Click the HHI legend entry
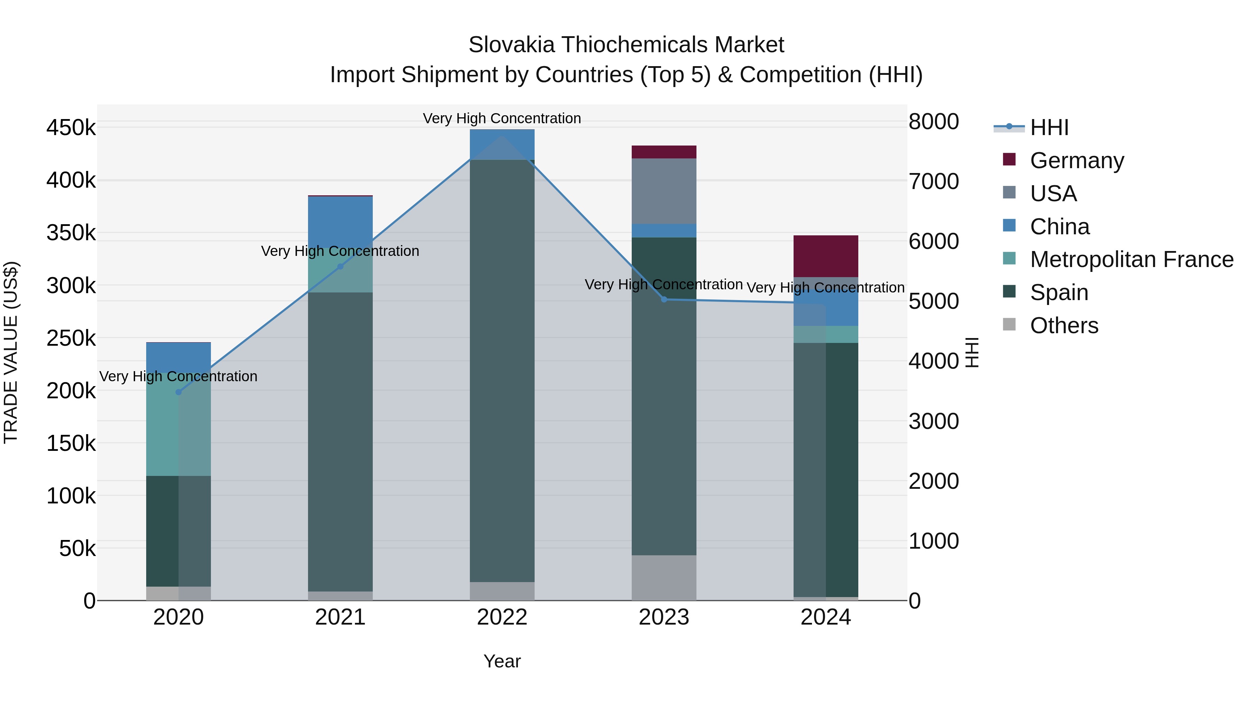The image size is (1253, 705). tap(1049, 127)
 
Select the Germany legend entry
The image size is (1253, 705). tap(1077, 160)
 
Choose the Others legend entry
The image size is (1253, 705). tap(1064, 326)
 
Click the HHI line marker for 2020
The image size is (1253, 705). tap(179, 392)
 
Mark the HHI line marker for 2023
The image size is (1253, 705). tap(664, 299)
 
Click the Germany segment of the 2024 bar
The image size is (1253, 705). tap(826, 256)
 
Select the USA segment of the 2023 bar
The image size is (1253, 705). tap(664, 191)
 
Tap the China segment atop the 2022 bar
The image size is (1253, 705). tap(502, 144)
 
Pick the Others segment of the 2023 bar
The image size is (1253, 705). tap(664, 578)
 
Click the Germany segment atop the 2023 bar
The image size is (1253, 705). tap(664, 152)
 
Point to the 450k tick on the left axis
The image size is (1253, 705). tap(71, 128)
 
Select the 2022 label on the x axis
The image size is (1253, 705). tap(502, 617)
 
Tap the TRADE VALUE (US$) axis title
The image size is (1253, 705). tap(11, 352)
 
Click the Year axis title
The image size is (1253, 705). tap(502, 661)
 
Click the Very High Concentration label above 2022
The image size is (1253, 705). tap(502, 118)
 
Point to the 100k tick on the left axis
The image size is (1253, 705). tap(71, 496)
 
